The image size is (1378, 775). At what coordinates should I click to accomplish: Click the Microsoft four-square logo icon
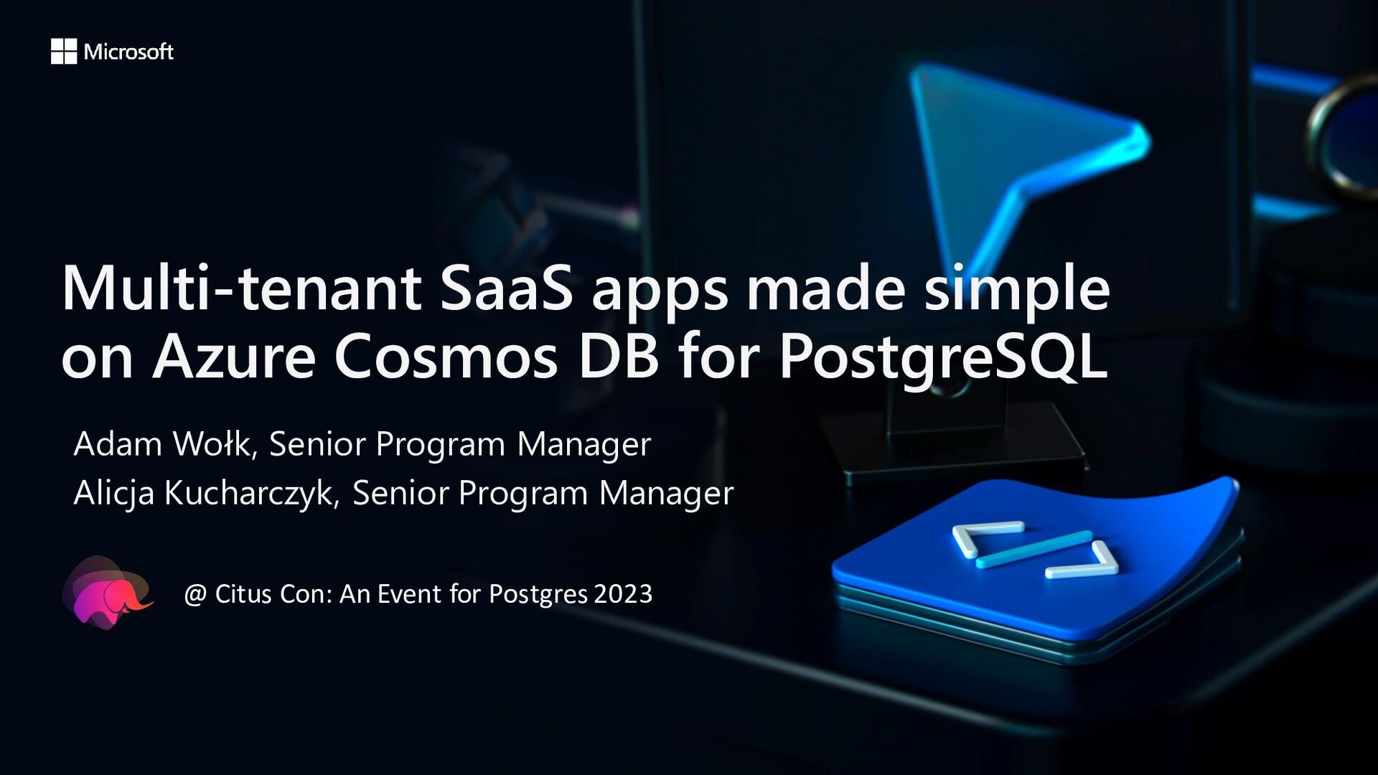[x=64, y=51]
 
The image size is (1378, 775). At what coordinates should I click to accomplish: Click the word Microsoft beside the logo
[x=128, y=52]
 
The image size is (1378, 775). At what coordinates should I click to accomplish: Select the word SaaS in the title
[x=507, y=288]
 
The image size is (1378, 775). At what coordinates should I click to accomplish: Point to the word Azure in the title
[x=234, y=356]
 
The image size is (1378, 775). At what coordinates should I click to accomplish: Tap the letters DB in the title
[x=619, y=356]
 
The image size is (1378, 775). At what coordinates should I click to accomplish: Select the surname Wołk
[x=215, y=444]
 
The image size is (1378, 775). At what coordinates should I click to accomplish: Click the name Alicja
[x=114, y=494]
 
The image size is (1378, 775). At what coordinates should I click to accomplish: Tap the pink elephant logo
[x=108, y=593]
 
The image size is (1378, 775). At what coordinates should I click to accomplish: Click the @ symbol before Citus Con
[x=195, y=595]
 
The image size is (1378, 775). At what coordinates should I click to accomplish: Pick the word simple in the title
[x=1017, y=288]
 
